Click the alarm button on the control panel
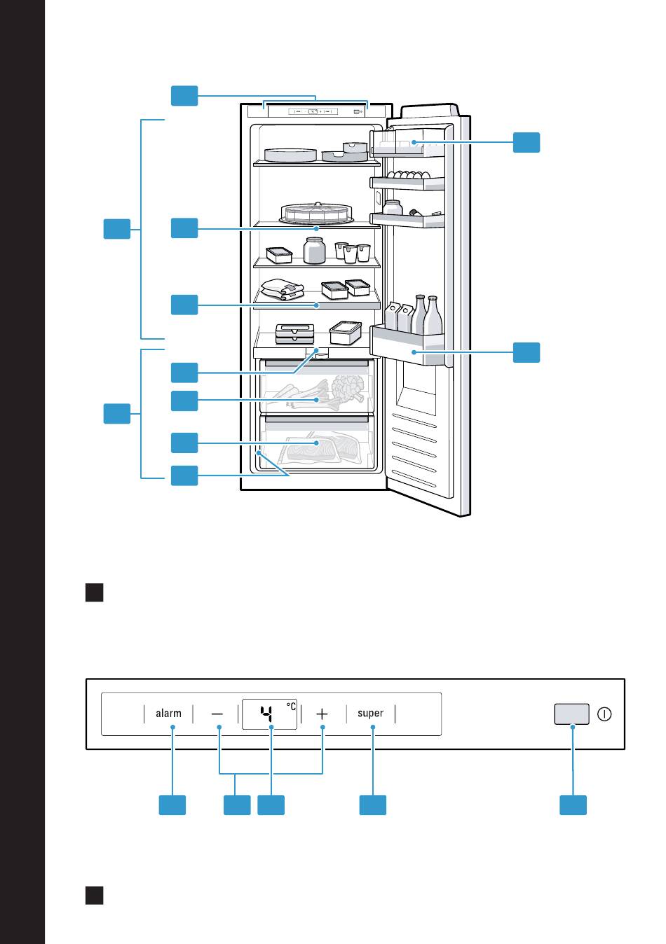168,714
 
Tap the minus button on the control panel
217,714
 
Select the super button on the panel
370,714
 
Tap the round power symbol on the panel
605,714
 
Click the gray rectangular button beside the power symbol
571,714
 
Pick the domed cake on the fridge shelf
315,212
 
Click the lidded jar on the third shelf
315,250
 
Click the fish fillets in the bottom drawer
319,446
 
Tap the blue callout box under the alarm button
172,805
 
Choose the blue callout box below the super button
373,805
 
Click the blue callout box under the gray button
573,805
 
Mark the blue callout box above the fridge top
184,96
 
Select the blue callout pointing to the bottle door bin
526,352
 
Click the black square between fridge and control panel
95,592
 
